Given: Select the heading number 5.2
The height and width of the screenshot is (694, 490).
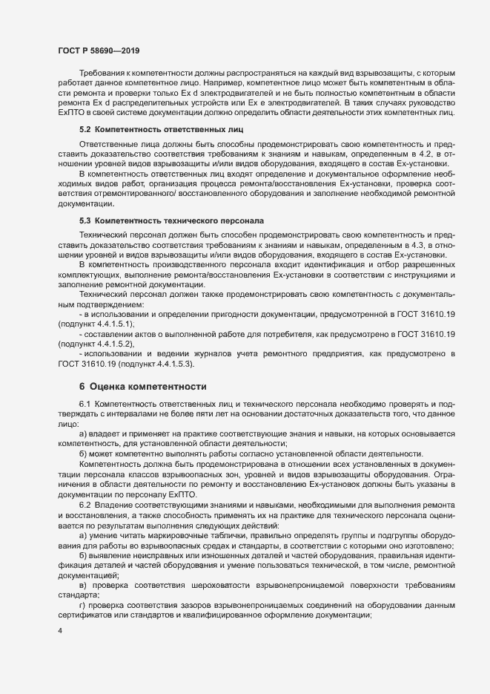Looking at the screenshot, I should point(85,129).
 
